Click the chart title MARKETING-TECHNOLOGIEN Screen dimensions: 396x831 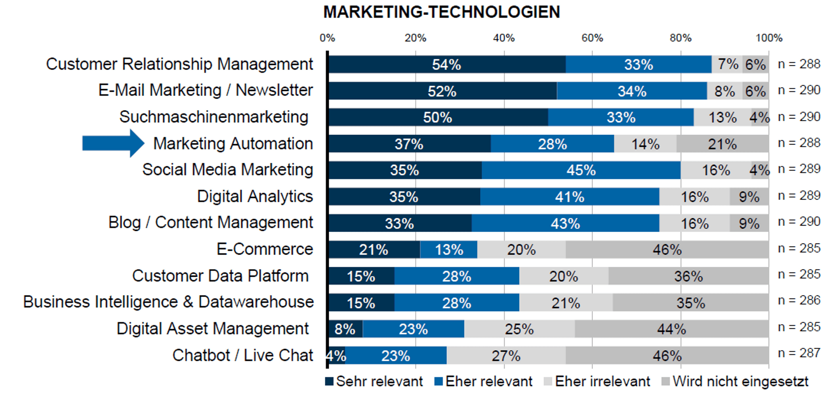click(442, 12)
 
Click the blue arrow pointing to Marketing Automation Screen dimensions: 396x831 click(113, 143)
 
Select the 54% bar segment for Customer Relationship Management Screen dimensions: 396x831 click(447, 65)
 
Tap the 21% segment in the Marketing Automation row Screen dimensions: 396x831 click(722, 144)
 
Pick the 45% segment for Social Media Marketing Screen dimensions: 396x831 click(581, 170)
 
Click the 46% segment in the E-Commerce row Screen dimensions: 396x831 click(667, 249)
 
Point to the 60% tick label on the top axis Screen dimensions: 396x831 click(592, 38)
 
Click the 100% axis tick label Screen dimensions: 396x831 click(769, 38)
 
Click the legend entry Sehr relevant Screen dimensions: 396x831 click(374, 381)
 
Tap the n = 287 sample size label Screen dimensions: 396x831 click(799, 353)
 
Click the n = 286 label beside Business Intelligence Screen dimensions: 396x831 click(799, 301)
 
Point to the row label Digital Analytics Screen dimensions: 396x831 click(255, 196)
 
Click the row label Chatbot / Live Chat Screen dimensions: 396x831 click(243, 355)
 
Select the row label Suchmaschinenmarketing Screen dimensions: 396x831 click(214, 117)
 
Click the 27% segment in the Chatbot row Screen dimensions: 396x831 click(506, 356)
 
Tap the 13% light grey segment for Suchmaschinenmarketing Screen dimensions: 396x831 click(722, 117)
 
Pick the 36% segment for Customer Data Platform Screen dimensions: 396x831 click(688, 276)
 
